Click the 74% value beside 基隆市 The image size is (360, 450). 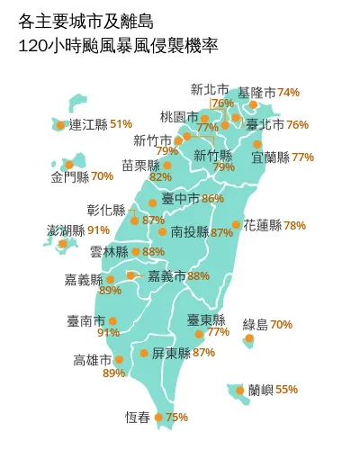point(289,93)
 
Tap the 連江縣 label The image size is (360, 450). point(88,124)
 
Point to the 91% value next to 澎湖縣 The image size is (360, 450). point(99,230)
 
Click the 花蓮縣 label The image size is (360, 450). point(262,225)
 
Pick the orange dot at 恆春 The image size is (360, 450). point(159,417)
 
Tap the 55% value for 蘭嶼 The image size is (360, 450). point(286,390)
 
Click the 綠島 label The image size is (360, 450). point(256,324)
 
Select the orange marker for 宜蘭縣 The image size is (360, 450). point(257,144)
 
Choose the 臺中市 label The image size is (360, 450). point(181,198)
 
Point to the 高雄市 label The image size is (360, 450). point(93,360)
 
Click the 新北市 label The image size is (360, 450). point(210,89)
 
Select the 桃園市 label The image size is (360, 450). point(178,117)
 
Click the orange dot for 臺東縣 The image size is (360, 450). point(199,334)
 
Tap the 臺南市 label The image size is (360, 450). point(85,320)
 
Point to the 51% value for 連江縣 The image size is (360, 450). point(121,124)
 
